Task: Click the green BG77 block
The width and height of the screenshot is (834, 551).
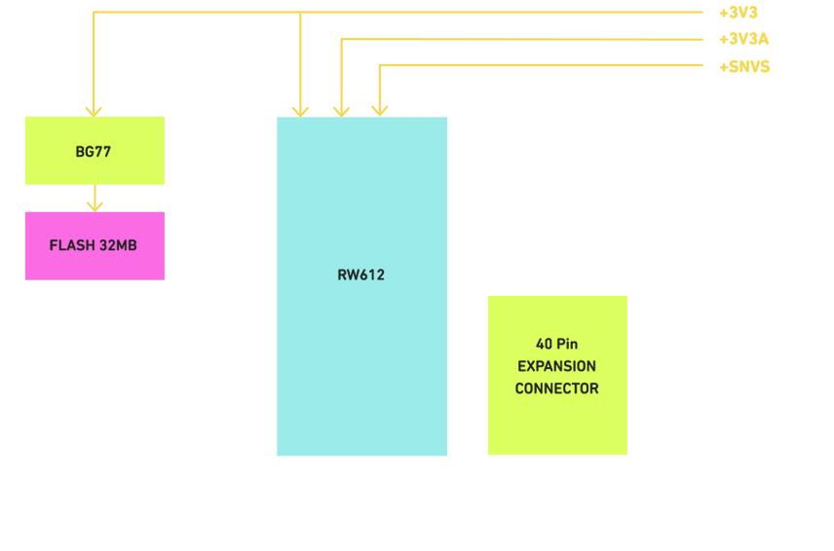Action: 94,151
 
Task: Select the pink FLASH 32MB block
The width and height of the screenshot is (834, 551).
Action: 94,245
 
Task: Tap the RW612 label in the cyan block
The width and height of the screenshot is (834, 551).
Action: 360,275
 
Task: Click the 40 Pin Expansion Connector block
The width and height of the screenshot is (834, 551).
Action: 556,375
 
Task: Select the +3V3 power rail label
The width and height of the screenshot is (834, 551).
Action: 738,14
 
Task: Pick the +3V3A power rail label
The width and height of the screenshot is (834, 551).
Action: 742,40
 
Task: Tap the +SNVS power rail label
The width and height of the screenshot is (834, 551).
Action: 743,67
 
